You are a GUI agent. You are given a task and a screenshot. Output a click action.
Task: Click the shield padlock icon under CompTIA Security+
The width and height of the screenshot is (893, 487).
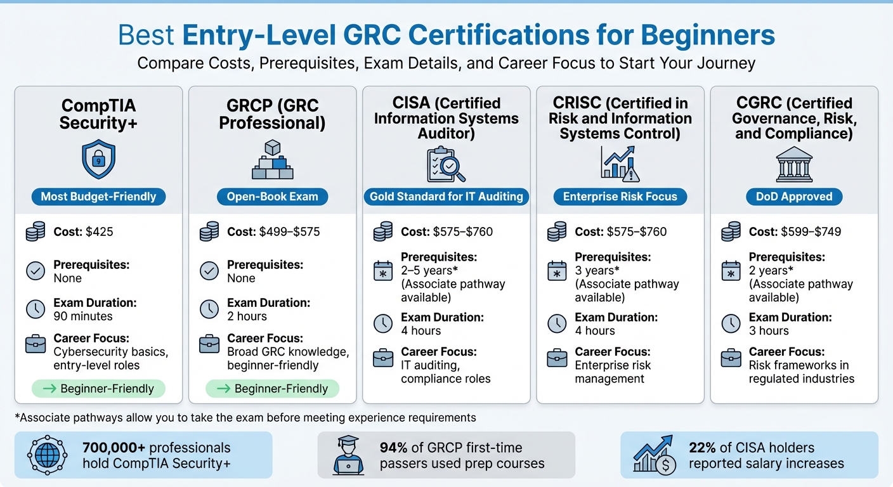[98, 160]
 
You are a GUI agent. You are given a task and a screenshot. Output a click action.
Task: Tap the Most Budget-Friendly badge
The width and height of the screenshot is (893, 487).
[98, 197]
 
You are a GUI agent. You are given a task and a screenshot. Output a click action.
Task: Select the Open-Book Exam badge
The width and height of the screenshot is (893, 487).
[272, 197]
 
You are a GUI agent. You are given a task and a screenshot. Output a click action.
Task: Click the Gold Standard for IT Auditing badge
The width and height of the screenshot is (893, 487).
[446, 197]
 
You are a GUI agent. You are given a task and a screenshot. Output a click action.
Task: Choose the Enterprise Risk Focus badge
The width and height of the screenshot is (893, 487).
[620, 197]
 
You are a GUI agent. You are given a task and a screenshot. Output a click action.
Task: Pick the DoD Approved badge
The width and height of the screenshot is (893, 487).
[794, 197]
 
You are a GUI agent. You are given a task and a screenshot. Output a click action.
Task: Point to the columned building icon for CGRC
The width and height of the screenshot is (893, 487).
[794, 162]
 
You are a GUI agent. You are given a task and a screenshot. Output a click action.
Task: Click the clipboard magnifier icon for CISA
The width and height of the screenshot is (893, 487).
[446, 164]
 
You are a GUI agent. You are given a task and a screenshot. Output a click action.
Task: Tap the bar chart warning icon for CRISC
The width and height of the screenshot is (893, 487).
[620, 162]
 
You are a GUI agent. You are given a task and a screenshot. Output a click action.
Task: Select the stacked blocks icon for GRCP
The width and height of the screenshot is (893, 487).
[272, 160]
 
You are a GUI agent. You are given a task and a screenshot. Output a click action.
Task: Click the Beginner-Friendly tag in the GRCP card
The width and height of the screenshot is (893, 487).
[272, 389]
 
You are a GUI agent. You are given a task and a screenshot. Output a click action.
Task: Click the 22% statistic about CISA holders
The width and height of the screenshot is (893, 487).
[703, 448]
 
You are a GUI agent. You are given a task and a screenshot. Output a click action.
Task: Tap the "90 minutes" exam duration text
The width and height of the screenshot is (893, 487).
[83, 316]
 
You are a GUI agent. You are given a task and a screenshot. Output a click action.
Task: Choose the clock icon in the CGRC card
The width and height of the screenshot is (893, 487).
[731, 323]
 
